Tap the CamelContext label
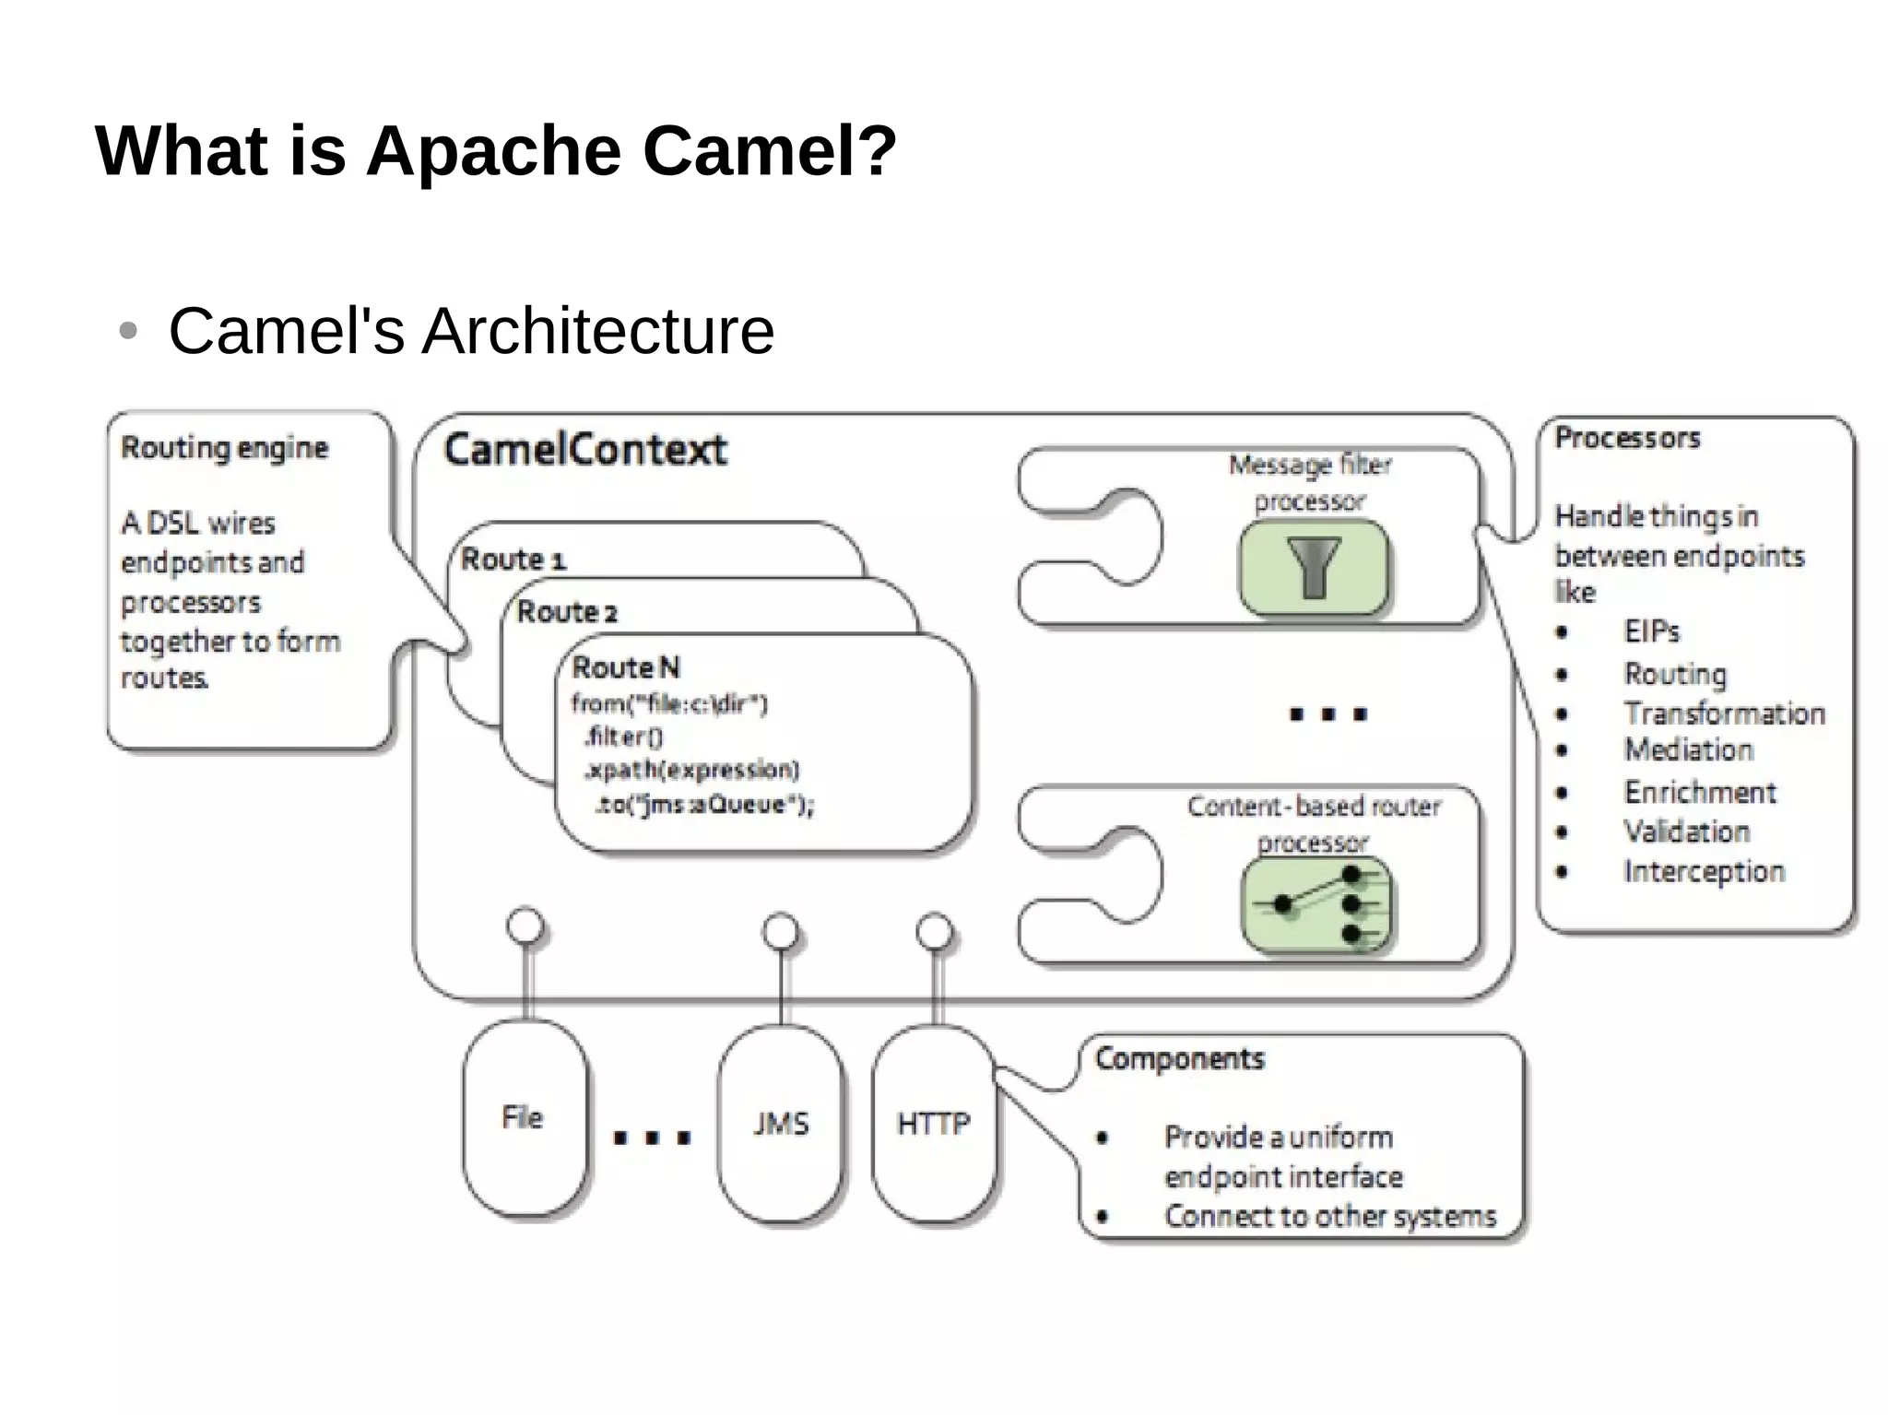585,450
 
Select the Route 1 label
513,559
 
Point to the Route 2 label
567,611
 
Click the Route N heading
626,666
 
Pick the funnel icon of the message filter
1314,567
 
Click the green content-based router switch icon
1317,905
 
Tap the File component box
524,1118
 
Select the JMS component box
781,1124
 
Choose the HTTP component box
934,1124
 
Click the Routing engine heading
224,448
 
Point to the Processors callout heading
1627,438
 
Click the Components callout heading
1180,1058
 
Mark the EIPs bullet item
1652,631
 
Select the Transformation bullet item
1724,713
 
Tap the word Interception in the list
1704,871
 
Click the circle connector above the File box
526,926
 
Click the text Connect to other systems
1330,1216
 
